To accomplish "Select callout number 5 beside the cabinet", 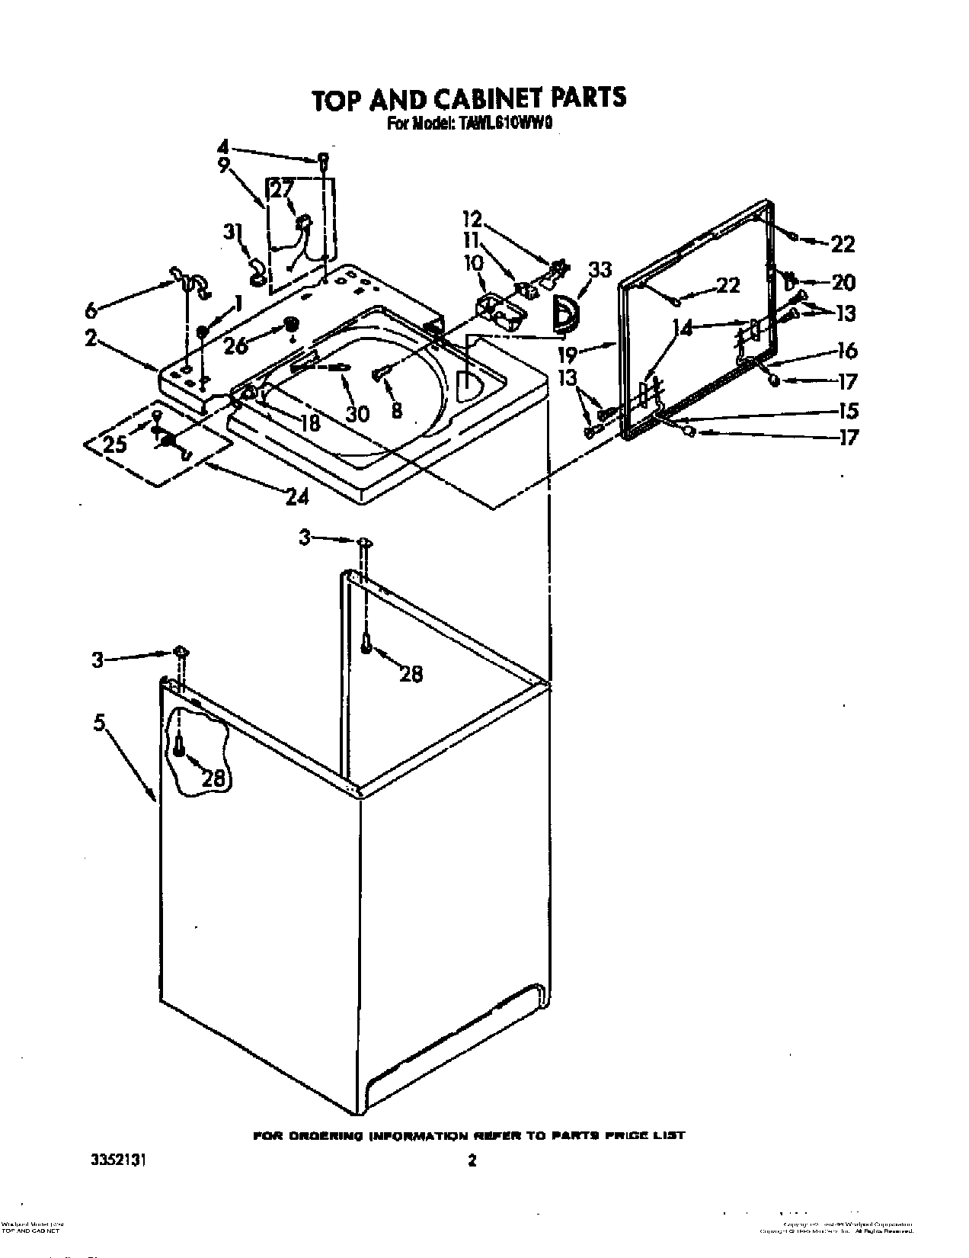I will point(99,723).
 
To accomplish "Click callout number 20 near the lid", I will point(843,282).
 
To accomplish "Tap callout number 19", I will point(588,353).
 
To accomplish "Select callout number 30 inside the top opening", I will point(357,412).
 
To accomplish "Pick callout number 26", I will point(235,345).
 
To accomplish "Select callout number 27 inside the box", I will point(281,190).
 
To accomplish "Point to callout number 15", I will point(847,411).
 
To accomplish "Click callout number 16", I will point(847,351).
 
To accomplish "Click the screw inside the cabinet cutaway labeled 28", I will point(178,746).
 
